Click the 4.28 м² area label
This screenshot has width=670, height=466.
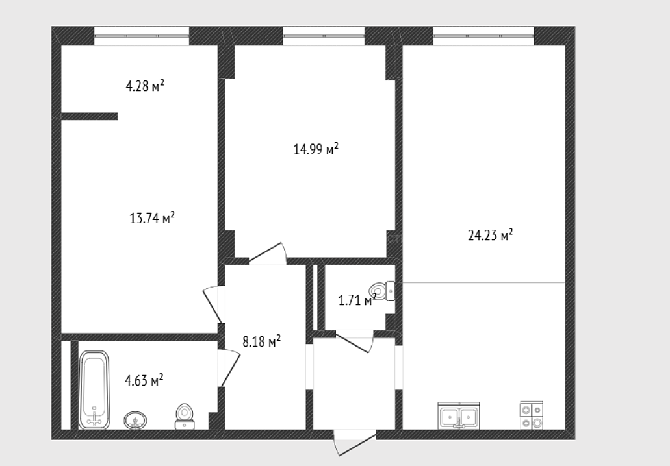pos(145,86)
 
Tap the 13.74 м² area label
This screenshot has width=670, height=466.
pos(152,218)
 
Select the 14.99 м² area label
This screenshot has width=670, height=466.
pos(316,149)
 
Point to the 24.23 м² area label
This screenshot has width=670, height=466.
pos(491,235)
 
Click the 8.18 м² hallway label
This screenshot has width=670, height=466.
pos(261,341)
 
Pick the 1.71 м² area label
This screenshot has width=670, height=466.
pos(357,300)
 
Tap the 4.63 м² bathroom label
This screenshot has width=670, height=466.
pos(144,380)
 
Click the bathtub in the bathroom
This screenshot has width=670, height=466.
pos(94,390)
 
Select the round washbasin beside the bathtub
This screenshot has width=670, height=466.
pos(135,421)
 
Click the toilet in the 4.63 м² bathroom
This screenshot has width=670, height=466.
pos(185,416)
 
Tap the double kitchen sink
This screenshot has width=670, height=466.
pos(459,415)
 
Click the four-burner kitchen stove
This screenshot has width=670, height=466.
pos(532,415)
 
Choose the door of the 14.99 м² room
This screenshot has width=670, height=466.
pos(268,254)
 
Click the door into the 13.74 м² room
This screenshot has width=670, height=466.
pos(213,304)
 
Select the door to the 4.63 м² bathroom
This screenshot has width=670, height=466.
pos(229,367)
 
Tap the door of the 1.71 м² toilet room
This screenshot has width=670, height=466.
pos(354,341)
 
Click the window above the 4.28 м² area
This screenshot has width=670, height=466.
pos(142,36)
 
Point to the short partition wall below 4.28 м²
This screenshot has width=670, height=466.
pos(90,116)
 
